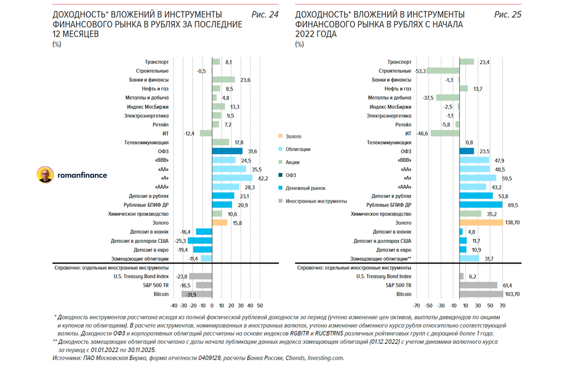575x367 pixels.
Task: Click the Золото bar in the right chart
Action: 481,223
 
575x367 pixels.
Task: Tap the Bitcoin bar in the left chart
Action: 196,294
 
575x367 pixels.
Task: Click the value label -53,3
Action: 420,71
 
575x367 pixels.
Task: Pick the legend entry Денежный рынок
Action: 305,189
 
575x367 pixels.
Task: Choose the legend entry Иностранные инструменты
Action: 316,201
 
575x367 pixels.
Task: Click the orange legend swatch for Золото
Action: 281,137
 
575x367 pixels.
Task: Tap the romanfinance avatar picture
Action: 46,175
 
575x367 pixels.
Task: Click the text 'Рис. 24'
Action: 264,15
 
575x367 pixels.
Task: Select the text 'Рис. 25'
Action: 507,15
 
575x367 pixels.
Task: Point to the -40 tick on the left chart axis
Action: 173,305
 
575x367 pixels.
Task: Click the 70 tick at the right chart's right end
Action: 503,305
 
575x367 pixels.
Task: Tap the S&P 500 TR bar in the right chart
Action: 478,285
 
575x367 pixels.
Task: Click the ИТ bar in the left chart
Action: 206,134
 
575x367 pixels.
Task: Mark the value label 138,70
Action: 514,223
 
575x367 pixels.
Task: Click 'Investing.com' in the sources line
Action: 325,358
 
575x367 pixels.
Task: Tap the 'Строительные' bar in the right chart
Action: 443,71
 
